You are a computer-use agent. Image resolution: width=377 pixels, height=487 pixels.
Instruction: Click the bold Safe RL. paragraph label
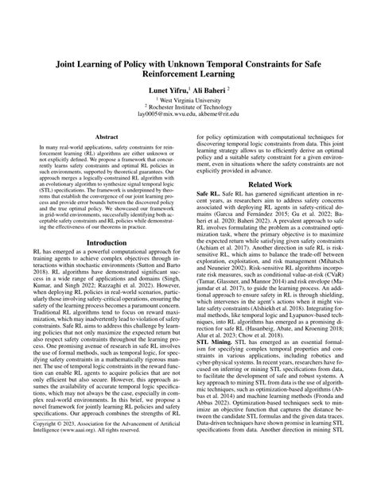pos(209,215)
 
